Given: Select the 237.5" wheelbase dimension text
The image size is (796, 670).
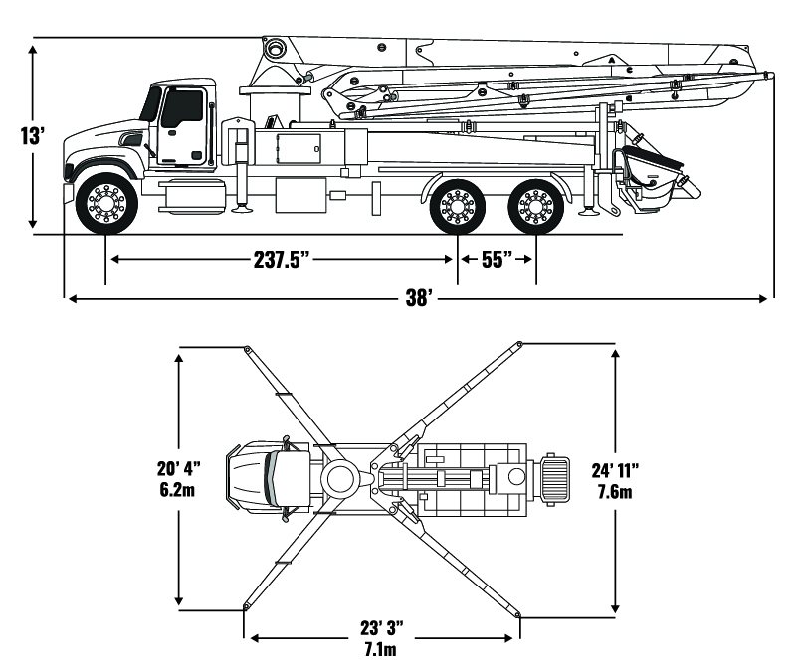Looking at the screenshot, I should pyautogui.click(x=284, y=260).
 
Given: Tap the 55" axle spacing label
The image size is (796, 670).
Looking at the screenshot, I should pyautogui.click(x=497, y=260).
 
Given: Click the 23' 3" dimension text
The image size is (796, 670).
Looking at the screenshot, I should pyautogui.click(x=382, y=628).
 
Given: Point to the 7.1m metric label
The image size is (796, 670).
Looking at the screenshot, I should pyautogui.click(x=382, y=651).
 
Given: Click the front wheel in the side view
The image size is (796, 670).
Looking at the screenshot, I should pyautogui.click(x=106, y=205).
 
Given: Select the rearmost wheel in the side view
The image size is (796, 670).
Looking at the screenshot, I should pyautogui.click(x=536, y=206).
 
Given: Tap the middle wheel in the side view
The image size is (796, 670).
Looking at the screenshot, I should pyautogui.click(x=457, y=206).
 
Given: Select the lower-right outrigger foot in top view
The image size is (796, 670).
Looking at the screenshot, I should pyautogui.click(x=518, y=613).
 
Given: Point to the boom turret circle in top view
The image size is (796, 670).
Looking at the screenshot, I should pyautogui.click(x=339, y=477).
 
